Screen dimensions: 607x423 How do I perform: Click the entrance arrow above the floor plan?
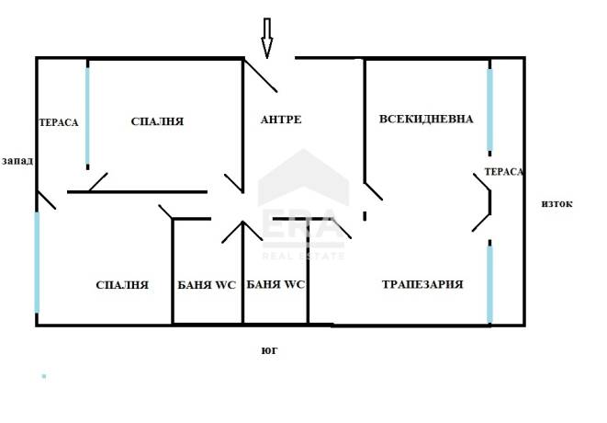(x=266, y=38)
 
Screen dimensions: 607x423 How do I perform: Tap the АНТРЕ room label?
(x=281, y=120)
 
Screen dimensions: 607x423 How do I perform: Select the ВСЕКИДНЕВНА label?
(x=426, y=119)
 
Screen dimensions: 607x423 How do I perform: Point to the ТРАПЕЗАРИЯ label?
(x=422, y=284)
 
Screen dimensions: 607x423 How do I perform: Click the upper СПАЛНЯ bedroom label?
(x=157, y=121)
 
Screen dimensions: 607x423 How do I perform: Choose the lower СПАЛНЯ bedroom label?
(x=122, y=285)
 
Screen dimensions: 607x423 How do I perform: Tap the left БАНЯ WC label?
(x=207, y=285)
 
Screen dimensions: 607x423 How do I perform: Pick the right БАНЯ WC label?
(x=275, y=284)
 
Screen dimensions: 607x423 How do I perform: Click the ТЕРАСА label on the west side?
(x=59, y=122)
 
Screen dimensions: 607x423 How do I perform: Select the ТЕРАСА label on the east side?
(x=504, y=171)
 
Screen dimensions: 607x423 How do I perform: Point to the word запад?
(x=17, y=161)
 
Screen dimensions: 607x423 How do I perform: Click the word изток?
(x=556, y=204)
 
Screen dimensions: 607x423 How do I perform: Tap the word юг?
(x=269, y=350)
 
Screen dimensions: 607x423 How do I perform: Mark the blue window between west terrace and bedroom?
(x=87, y=116)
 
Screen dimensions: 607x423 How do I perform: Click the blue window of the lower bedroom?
(x=37, y=262)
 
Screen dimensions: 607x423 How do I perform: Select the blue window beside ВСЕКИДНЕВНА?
(x=489, y=109)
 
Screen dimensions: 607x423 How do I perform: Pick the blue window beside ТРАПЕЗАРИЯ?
(x=489, y=284)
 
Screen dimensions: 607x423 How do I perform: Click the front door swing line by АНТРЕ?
(x=260, y=75)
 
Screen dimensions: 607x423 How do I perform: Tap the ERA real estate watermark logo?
(x=303, y=205)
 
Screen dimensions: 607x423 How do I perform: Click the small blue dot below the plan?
(x=44, y=376)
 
